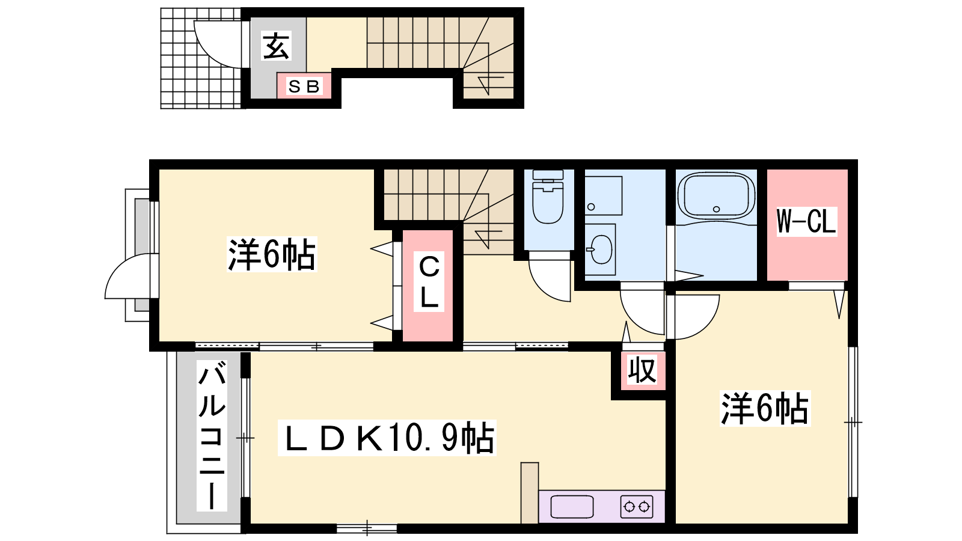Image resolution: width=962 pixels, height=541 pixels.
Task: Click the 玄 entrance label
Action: (276, 46)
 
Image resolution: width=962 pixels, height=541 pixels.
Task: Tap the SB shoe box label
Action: (304, 87)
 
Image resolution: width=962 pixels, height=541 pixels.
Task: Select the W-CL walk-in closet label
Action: (806, 221)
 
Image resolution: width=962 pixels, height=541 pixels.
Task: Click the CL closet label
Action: (429, 282)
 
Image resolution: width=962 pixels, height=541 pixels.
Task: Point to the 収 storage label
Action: (642, 370)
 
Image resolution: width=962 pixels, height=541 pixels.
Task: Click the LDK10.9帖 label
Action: (387, 438)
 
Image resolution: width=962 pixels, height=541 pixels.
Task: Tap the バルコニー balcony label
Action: (212, 435)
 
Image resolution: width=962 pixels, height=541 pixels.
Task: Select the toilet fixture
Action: (548, 197)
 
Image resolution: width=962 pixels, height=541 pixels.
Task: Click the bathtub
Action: (716, 196)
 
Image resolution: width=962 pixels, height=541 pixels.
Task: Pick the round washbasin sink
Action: (601, 249)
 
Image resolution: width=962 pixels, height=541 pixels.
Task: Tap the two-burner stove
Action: (637, 507)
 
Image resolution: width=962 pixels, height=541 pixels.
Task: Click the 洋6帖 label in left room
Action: (272, 254)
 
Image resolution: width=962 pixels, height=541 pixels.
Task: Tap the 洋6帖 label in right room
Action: (765, 408)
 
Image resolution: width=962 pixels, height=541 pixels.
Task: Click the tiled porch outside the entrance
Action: (201, 58)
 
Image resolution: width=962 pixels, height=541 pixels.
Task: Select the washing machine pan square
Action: (604, 195)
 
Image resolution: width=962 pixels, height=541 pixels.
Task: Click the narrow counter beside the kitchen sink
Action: (530, 493)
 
